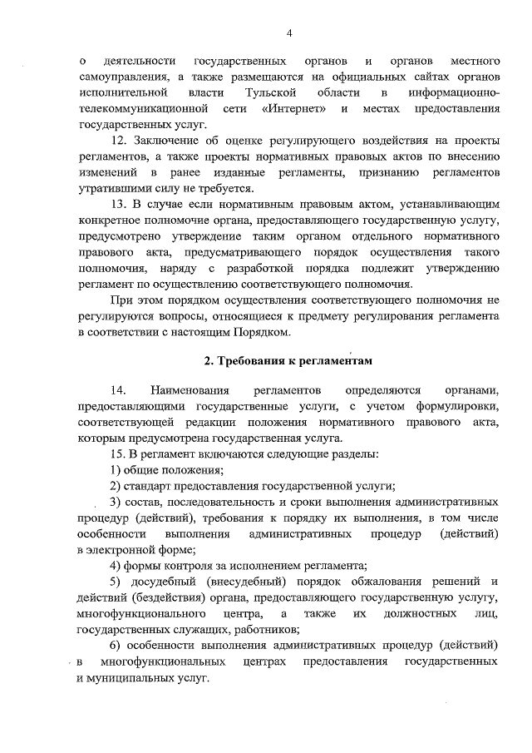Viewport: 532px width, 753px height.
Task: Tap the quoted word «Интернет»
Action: point(292,108)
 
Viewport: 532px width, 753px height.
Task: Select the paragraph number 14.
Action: point(117,389)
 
